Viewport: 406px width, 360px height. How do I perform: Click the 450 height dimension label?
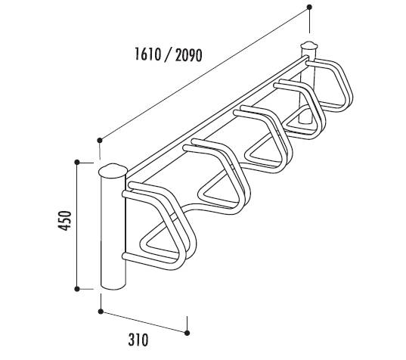(x=64, y=221)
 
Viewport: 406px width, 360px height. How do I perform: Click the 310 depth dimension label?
(x=138, y=340)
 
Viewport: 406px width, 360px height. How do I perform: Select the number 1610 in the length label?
(x=148, y=54)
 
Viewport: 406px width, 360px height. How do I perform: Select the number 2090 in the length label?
(x=188, y=55)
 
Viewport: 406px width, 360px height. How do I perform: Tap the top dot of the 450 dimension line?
(x=77, y=162)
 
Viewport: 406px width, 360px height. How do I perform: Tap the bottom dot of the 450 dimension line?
(x=77, y=289)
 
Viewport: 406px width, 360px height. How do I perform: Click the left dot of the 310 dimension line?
(x=101, y=312)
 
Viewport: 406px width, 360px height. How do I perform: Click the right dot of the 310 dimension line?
(x=187, y=333)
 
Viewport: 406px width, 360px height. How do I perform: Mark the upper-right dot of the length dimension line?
(x=309, y=8)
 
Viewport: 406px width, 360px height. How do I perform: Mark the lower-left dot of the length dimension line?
(x=100, y=141)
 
